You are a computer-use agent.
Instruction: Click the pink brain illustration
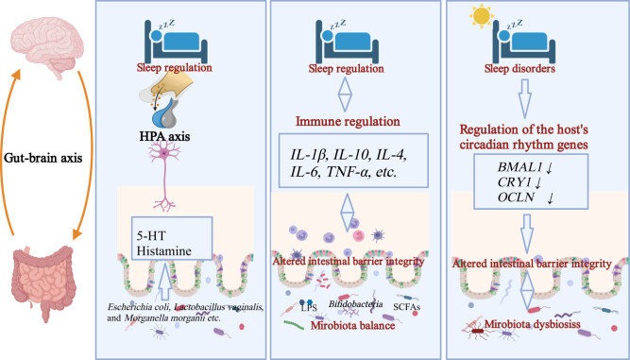46,48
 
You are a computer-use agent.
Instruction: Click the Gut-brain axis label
43,158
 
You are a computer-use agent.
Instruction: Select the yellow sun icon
482,15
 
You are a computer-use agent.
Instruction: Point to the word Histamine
164,250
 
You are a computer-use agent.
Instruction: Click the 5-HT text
151,235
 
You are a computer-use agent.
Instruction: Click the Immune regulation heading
348,121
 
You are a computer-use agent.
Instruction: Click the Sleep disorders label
519,69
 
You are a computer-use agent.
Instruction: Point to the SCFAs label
407,307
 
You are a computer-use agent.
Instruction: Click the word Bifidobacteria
355,304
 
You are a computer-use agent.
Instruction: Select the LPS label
309,309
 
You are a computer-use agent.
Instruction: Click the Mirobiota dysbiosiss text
533,323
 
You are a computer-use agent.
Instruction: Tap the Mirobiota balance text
352,325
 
